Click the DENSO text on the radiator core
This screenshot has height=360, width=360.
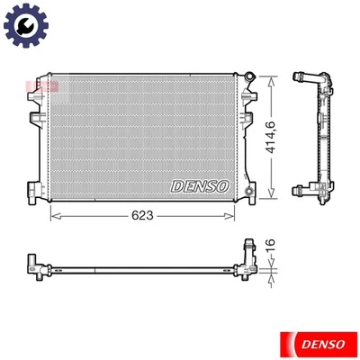(200, 185)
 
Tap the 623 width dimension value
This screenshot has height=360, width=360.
(143, 216)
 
